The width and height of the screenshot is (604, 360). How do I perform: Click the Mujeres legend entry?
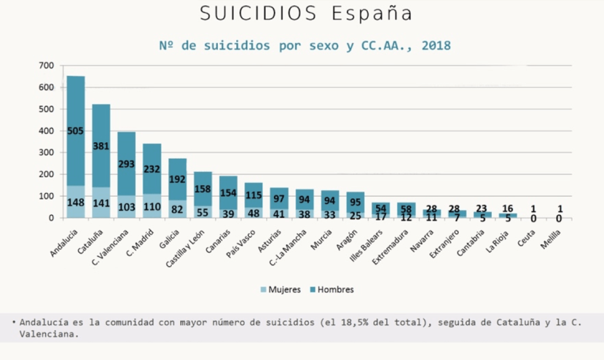pos(280,290)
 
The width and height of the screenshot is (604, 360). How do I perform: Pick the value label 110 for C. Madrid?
pos(152,208)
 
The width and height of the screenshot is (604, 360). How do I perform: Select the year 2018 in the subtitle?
pos(436,45)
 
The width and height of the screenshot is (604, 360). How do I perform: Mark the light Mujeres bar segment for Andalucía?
pos(76,202)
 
